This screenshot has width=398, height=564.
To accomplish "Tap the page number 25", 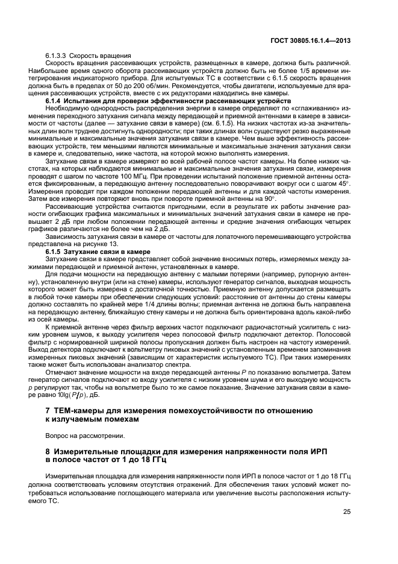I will click(x=346, y=512).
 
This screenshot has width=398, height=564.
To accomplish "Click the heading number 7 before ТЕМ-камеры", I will click(x=49, y=411).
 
